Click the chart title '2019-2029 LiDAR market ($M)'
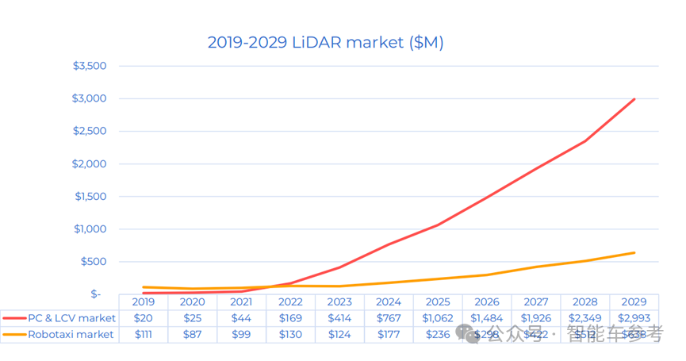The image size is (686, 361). pyautogui.click(x=325, y=42)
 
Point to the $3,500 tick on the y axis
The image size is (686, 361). pyautogui.click(x=90, y=66)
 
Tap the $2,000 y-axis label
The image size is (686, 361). pyautogui.click(x=90, y=163)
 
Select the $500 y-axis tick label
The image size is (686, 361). pyautogui.click(x=94, y=262)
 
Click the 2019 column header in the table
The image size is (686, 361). pyautogui.click(x=144, y=302)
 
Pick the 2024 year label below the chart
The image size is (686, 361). pyautogui.click(x=389, y=302)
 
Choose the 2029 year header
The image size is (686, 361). pyautogui.click(x=634, y=302)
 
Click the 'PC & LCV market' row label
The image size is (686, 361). pyautogui.click(x=71, y=318)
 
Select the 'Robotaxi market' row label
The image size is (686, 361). pyautogui.click(x=71, y=335)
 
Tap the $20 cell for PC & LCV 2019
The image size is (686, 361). pyautogui.click(x=144, y=318)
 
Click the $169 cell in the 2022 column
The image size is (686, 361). pyautogui.click(x=290, y=318)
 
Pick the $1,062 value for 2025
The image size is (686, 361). pyautogui.click(x=438, y=318)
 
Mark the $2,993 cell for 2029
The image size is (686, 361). pyautogui.click(x=634, y=318)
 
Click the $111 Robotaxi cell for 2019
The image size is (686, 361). pyautogui.click(x=144, y=335)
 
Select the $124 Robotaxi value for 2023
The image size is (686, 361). pyautogui.click(x=339, y=335)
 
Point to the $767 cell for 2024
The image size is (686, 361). pyautogui.click(x=389, y=318)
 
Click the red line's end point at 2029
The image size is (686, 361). pyautogui.click(x=634, y=99)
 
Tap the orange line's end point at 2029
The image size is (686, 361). pyautogui.click(x=634, y=253)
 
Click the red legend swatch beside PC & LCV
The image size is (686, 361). pyautogui.click(x=13, y=318)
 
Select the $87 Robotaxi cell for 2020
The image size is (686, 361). pyautogui.click(x=193, y=335)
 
